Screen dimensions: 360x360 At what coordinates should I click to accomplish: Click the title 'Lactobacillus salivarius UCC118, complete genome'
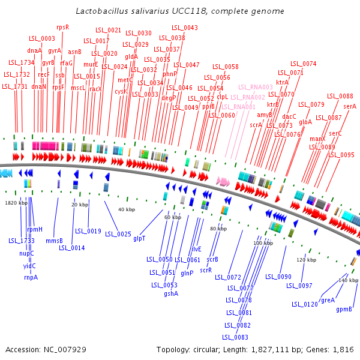pyautogui.click(x=180, y=11)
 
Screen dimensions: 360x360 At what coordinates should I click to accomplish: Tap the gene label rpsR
pyautogui.click(x=63, y=27)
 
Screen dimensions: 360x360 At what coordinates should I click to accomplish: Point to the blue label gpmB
pyautogui.click(x=344, y=310)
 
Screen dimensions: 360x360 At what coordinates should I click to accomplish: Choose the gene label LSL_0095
pyautogui.click(x=341, y=155)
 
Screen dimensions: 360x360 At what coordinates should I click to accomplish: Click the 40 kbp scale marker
pyautogui.click(x=126, y=209)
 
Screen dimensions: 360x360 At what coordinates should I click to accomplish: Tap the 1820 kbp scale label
pyautogui.click(x=16, y=203)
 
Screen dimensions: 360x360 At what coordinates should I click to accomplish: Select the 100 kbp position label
pyautogui.click(x=263, y=243)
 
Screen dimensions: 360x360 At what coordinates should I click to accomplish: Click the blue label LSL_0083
pyautogui.click(x=236, y=337)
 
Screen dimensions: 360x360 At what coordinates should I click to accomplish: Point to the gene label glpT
pyautogui.click(x=140, y=238)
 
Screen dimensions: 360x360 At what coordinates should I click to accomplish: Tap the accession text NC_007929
pyautogui.click(x=46, y=349)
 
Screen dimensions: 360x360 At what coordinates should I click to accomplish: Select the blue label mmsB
pyautogui.click(x=55, y=241)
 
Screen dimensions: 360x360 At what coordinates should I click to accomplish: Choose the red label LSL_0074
pyautogui.click(x=304, y=64)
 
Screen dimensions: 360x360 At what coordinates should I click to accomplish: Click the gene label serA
pyautogui.click(x=350, y=106)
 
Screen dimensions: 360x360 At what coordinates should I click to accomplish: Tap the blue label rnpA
pyautogui.click(x=31, y=277)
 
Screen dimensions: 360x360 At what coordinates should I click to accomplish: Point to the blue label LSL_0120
pyautogui.click(x=305, y=304)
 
